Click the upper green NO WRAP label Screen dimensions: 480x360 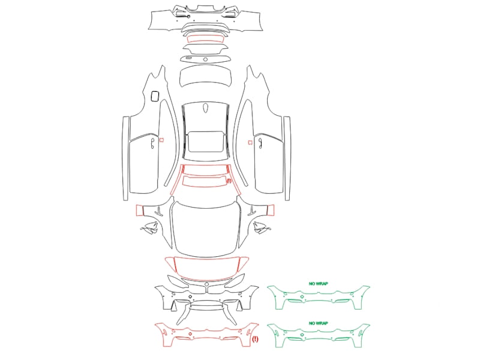pyautogui.click(x=319, y=284)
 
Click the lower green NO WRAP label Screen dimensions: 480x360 pyautogui.click(x=319, y=323)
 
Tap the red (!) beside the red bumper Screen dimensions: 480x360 pyautogui.click(x=255, y=339)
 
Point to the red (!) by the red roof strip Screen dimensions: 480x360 pyautogui.click(x=229, y=181)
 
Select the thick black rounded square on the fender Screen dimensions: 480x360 pyautogui.click(x=155, y=96)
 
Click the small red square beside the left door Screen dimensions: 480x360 pyautogui.click(x=161, y=140)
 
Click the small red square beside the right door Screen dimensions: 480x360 pyautogui.click(x=250, y=142)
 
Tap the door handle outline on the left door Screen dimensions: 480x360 pyautogui.click(x=153, y=143)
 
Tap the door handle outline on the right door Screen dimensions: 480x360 pyautogui.click(x=260, y=143)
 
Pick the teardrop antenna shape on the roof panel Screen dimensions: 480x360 pyautogui.click(x=205, y=108)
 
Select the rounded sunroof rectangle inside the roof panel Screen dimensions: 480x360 pyautogui.click(x=205, y=142)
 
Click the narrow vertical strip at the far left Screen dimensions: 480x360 pyautogui.click(x=125, y=158)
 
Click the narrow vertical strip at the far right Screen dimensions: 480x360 pyautogui.click(x=287, y=158)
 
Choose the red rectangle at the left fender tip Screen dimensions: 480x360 pyautogui.click(x=140, y=211)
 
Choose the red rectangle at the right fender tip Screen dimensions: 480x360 pyautogui.click(x=271, y=210)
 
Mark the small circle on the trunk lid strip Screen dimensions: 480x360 pyautogui.click(x=205, y=59)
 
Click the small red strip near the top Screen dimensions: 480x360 pyautogui.click(x=205, y=39)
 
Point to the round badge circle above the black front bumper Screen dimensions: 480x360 pyautogui.click(x=206, y=284)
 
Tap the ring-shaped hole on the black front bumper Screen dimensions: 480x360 pyautogui.click(x=190, y=296)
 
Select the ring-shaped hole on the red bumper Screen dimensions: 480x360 pyautogui.click(x=190, y=334)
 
